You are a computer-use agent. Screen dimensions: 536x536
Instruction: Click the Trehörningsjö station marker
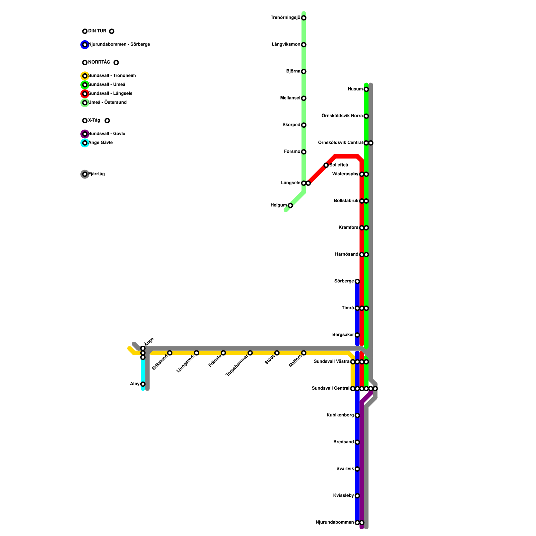coord(304,18)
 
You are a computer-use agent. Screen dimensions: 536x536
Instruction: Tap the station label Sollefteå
coord(339,165)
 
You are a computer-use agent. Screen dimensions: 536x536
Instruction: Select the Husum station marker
coord(366,89)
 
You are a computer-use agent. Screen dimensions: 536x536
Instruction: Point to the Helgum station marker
coord(290,205)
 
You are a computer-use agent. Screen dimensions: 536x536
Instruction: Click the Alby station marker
coord(143,384)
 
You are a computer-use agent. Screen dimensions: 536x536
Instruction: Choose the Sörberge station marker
coord(357,281)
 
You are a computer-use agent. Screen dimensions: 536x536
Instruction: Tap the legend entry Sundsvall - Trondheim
coord(112,76)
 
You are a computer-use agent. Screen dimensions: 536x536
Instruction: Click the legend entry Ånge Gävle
coord(100,143)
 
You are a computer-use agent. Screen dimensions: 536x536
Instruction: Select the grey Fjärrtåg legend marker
coord(85,174)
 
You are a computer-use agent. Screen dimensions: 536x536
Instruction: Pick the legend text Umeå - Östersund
coord(107,103)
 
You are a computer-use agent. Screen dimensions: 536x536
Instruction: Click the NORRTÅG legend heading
coord(99,62)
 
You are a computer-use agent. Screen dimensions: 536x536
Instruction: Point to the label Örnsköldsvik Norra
coord(342,116)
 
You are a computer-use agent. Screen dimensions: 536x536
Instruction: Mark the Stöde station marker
coord(277,353)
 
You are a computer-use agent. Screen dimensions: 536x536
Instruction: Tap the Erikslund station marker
coord(170,353)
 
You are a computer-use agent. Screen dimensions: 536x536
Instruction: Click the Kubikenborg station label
coord(340,415)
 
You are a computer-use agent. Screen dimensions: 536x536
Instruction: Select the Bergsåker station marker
coord(357,335)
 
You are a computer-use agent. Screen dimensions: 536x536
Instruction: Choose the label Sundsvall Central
coord(330,389)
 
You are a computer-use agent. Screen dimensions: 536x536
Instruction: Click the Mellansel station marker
coord(304,98)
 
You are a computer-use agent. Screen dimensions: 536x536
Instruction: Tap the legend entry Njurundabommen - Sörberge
coord(119,45)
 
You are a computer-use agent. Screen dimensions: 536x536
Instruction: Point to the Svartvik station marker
coord(357,469)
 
